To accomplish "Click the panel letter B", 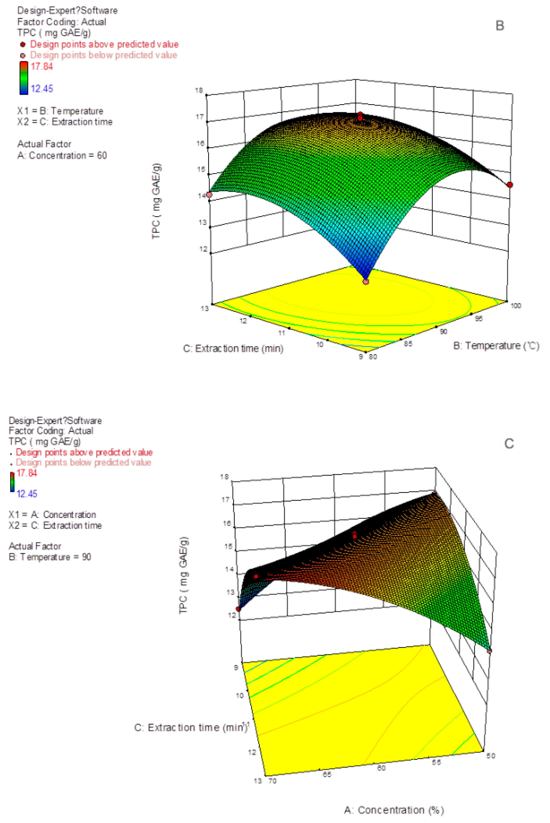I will [x=499, y=26].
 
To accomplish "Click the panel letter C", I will [x=509, y=444].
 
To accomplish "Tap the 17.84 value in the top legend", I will [x=42, y=66].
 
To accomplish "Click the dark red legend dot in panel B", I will [x=23, y=45].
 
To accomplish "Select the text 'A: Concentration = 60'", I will [x=62, y=155].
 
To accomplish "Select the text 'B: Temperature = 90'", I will [x=50, y=557].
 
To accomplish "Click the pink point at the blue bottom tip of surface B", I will [x=366, y=281].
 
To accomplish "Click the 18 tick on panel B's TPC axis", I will [x=199, y=90].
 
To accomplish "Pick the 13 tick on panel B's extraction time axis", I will [x=205, y=308].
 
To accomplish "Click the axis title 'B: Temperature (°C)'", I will [x=496, y=346].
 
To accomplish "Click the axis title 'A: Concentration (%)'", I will [x=394, y=810].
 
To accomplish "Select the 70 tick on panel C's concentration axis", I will [x=272, y=781].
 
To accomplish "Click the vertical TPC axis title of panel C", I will [x=184, y=575].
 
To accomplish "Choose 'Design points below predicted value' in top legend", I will [x=103, y=55].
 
